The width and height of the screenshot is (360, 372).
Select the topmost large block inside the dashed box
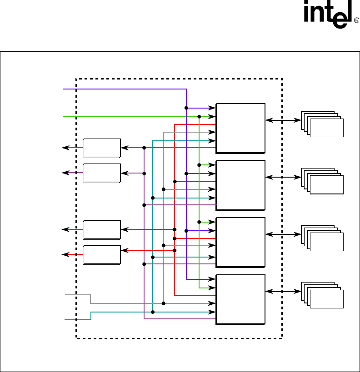(240, 128)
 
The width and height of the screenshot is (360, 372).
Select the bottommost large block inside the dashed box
(240, 299)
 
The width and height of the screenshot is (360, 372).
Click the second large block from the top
(240, 185)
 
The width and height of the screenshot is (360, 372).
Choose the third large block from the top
(240, 242)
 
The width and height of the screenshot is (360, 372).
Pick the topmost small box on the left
(102, 148)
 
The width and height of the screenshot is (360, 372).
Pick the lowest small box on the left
(102, 255)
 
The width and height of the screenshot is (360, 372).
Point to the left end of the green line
(63, 117)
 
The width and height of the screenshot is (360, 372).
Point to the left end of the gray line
(66, 295)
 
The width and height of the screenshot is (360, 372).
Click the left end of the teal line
(65, 320)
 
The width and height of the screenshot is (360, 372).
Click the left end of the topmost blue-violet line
(63, 89)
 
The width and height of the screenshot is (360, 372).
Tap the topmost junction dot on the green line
(199, 117)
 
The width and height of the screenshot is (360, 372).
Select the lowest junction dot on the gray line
(163, 303)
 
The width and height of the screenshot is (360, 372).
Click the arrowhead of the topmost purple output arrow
(64, 148)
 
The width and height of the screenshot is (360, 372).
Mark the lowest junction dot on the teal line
(153, 312)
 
